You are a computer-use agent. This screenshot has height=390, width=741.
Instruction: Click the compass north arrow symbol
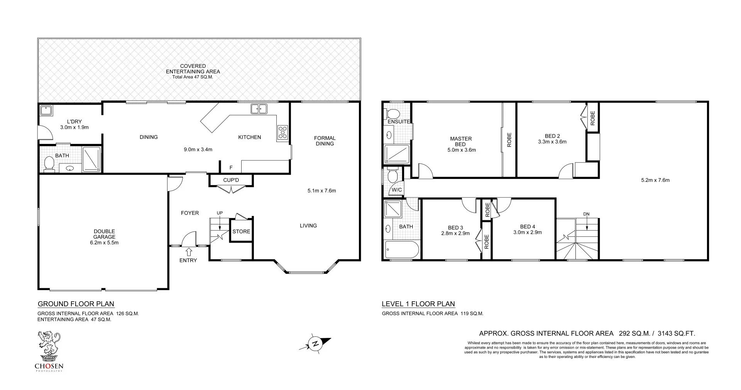pos(315,343)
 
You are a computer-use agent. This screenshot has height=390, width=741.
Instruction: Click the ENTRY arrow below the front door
pos(189,252)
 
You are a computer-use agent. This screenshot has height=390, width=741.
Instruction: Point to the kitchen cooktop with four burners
pos(283,132)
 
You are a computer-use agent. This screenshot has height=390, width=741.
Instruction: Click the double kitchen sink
pos(259,109)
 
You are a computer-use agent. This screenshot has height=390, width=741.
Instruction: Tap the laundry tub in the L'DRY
pos(47,111)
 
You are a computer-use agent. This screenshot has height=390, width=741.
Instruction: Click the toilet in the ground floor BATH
pos(49,163)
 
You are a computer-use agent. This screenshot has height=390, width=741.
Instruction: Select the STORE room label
pos(241,231)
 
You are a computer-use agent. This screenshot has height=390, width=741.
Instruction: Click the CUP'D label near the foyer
pos(231,180)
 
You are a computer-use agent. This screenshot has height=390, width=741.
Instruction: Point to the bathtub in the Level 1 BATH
pos(402,250)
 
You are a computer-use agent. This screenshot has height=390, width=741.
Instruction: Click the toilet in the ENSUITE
pos(393,114)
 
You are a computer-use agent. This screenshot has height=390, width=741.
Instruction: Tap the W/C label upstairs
pos(397,190)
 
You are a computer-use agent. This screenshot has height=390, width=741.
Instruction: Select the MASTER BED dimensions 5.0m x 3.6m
pos(460,150)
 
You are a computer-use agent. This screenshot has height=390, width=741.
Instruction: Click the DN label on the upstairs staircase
pos(586,214)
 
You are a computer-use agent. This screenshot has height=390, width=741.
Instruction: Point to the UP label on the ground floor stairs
pos(220,213)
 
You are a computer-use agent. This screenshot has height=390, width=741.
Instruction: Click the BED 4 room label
pos(528,226)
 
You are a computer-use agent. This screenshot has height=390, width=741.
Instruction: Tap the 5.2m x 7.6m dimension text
pos(655,180)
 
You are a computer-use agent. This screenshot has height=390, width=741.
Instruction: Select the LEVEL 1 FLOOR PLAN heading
pos(418,304)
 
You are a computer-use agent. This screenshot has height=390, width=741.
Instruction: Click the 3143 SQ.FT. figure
pos(676,333)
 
